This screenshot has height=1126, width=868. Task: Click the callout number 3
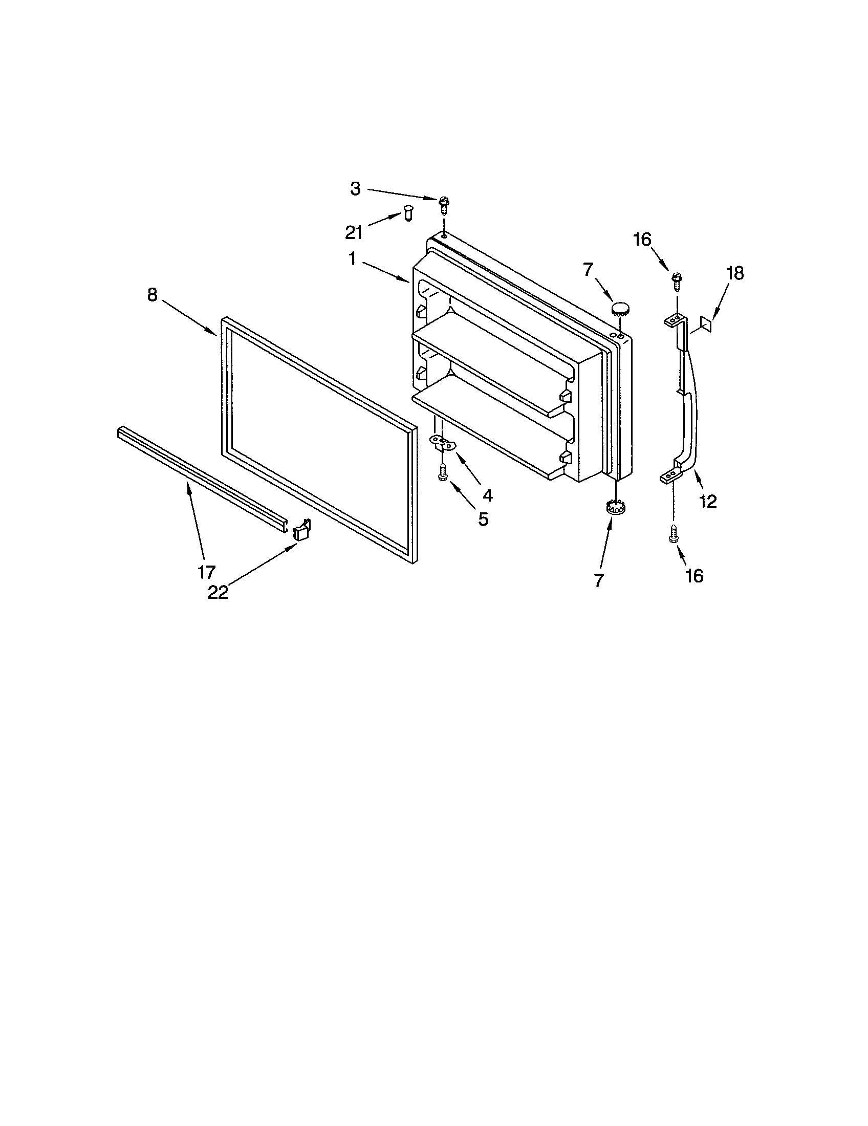pos(356,189)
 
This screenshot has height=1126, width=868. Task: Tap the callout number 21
pos(354,233)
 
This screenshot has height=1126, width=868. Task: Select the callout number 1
pos(352,258)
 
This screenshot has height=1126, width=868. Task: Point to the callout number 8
pos(152,295)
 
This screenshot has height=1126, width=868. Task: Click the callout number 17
pos(206,572)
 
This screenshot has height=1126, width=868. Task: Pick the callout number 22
pos(218,592)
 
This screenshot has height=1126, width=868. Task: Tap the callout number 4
pos(487,495)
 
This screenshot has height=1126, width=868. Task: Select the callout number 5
pos(483,519)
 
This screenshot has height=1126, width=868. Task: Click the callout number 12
pos(708,501)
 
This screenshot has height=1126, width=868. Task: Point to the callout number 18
pos(735,273)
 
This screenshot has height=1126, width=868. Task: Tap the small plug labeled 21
pos(408,213)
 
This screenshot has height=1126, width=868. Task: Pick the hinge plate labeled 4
pos(443,441)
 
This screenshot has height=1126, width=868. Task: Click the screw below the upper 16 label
pos(677,281)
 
